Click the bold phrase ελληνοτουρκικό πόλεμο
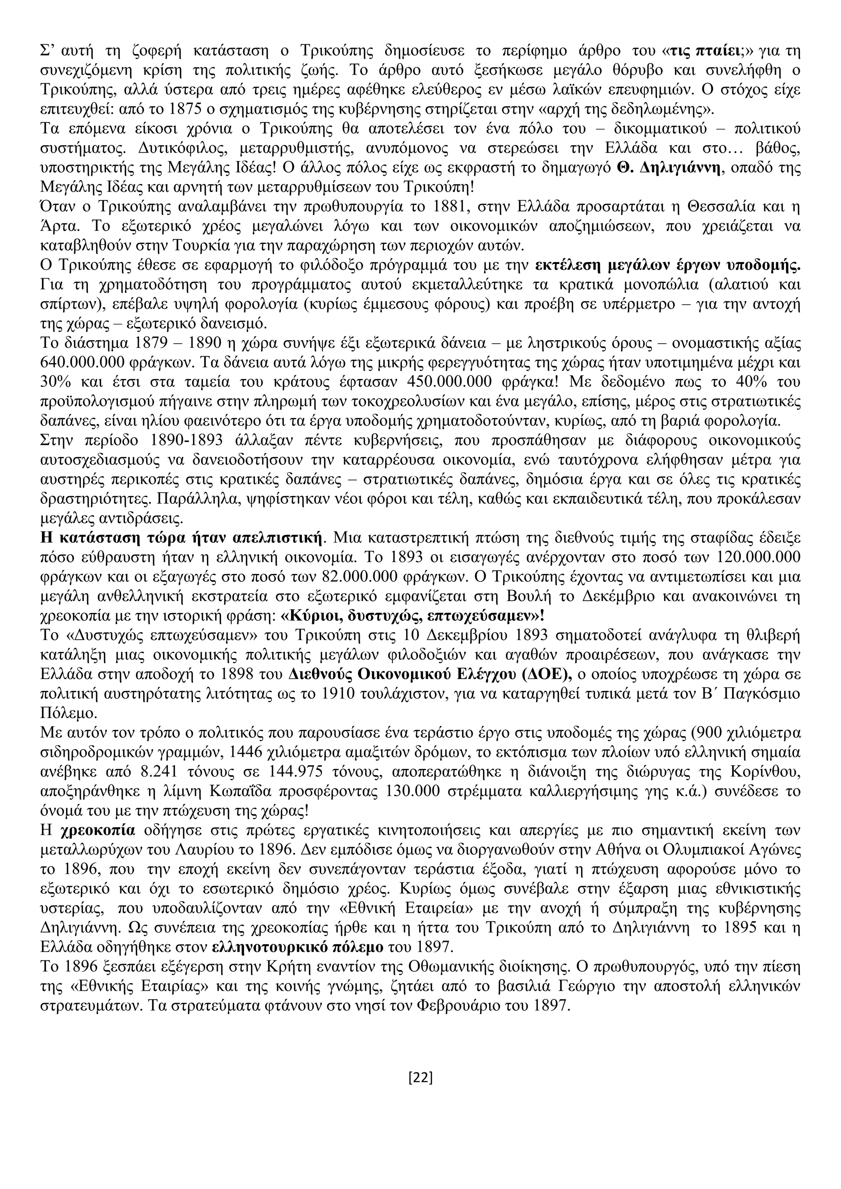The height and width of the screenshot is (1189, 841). (x=298, y=948)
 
